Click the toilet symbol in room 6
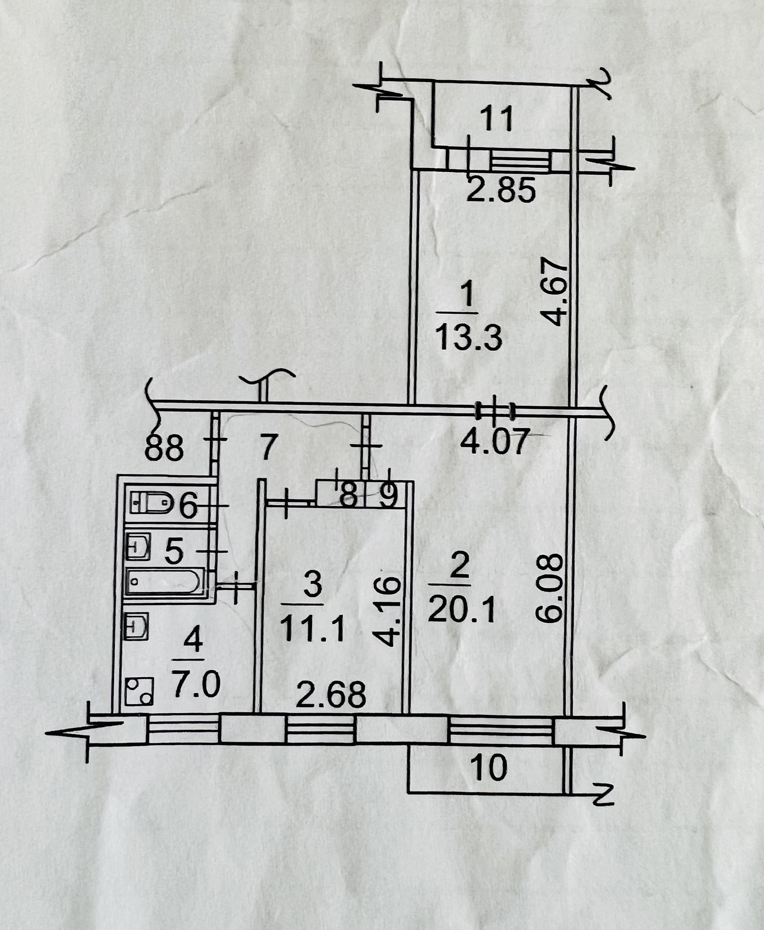coord(150,502)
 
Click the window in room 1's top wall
coord(520,161)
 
